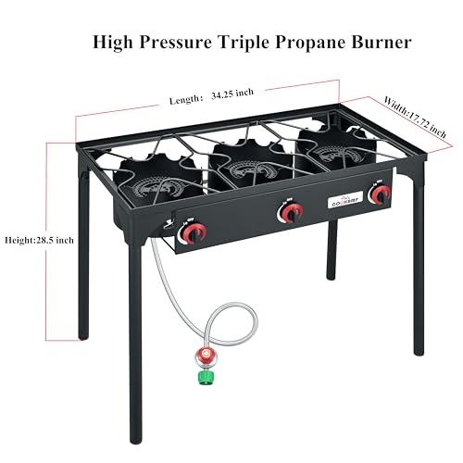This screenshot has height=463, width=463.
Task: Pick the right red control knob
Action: coord(378,194)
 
